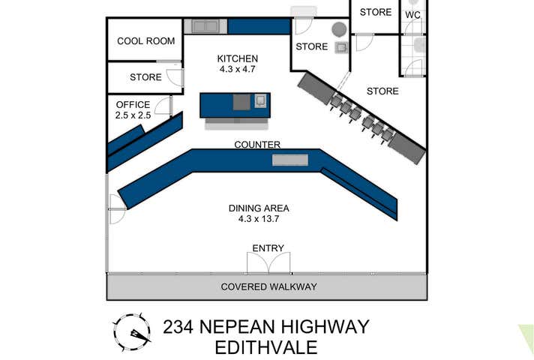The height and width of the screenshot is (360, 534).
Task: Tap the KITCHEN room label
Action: click(x=238, y=58)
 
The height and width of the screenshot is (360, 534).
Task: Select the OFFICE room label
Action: click(x=133, y=105)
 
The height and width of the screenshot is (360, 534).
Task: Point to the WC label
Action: click(x=412, y=14)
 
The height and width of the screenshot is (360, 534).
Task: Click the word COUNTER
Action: click(x=257, y=145)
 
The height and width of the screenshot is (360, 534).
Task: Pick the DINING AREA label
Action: click(x=259, y=208)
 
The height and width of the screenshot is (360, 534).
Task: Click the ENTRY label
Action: click(x=268, y=248)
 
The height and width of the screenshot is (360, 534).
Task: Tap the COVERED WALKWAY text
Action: click(x=268, y=286)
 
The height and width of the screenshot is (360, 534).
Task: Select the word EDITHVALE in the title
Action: click(x=265, y=348)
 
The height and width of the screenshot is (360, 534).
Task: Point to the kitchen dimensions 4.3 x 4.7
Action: click(x=238, y=70)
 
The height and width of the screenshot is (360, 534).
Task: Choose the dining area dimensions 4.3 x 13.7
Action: click(x=259, y=220)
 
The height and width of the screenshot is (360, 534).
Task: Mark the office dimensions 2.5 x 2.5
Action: click(x=133, y=116)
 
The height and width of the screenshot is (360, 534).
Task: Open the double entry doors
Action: click(x=268, y=263)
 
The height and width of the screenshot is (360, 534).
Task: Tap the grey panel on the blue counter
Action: click(x=289, y=160)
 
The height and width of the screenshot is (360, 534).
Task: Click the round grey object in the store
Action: click(x=339, y=29)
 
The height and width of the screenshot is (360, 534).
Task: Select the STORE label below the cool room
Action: click(x=145, y=76)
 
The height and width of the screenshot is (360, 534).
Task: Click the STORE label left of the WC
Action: click(x=376, y=12)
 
